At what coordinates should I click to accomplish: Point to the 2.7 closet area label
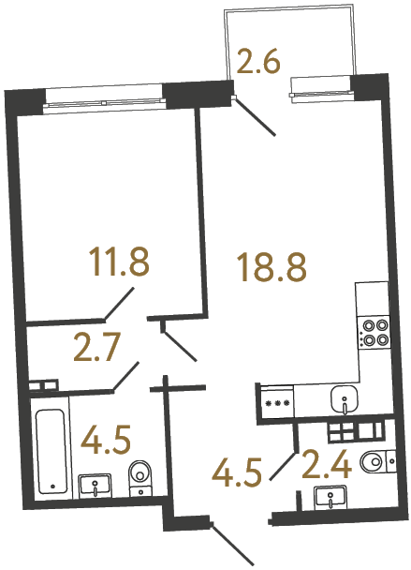pyautogui.click(x=97, y=351)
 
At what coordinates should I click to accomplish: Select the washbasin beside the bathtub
pyautogui.click(x=95, y=485)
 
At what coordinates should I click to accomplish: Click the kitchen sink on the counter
pyautogui.click(x=345, y=400)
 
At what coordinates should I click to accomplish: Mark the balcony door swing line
pyautogui.click(x=255, y=116)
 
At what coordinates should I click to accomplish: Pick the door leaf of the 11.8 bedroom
pyautogui.click(x=119, y=304)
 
